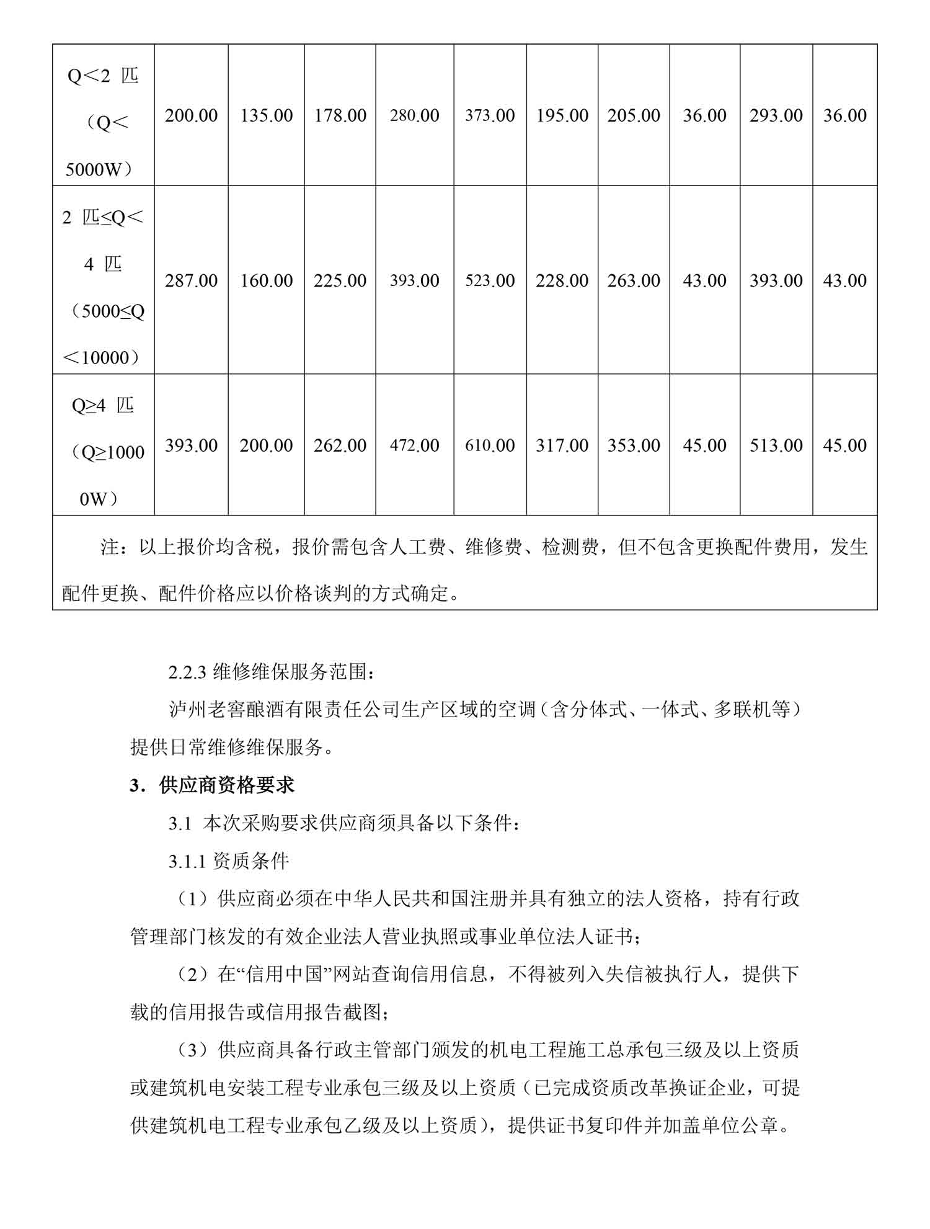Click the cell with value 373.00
tap(490, 115)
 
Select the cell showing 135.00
tap(266, 115)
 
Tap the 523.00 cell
tap(490, 280)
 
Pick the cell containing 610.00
tap(490, 445)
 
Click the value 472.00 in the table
tap(414, 445)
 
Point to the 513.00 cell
tap(776, 445)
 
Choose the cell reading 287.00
tap(191, 280)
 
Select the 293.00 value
tap(776, 115)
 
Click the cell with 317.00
tap(562, 445)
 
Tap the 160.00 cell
tap(266, 280)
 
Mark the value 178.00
tap(340, 115)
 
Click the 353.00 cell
tap(633, 445)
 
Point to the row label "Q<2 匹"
tap(103, 76)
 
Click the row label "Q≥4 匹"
tap(103, 406)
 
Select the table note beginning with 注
tap(465, 570)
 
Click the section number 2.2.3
tap(187, 672)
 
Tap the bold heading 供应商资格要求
tap(226, 785)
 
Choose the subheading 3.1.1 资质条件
tap(228, 861)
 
